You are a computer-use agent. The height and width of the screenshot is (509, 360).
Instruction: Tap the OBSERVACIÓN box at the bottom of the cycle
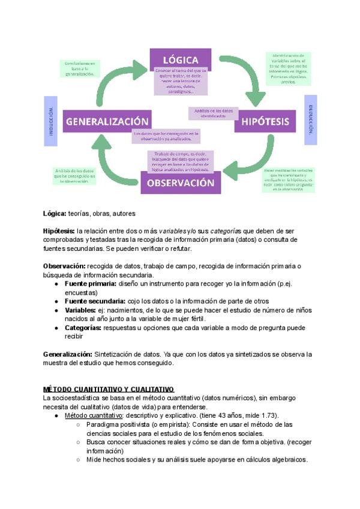tap(181, 182)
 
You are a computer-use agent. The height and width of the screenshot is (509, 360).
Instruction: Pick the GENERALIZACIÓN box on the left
tap(107, 121)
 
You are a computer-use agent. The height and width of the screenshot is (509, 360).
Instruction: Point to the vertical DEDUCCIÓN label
tap(311, 119)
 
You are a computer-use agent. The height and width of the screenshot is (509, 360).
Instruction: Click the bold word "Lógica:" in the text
tap(54, 213)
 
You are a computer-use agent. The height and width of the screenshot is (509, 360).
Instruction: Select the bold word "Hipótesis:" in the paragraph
tap(58, 230)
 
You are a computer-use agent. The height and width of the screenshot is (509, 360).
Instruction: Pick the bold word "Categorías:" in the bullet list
tap(83, 328)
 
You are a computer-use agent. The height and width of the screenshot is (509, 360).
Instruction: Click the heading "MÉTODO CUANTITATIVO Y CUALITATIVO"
tap(108, 390)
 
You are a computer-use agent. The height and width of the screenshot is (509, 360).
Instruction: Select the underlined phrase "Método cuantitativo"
tap(94, 416)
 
